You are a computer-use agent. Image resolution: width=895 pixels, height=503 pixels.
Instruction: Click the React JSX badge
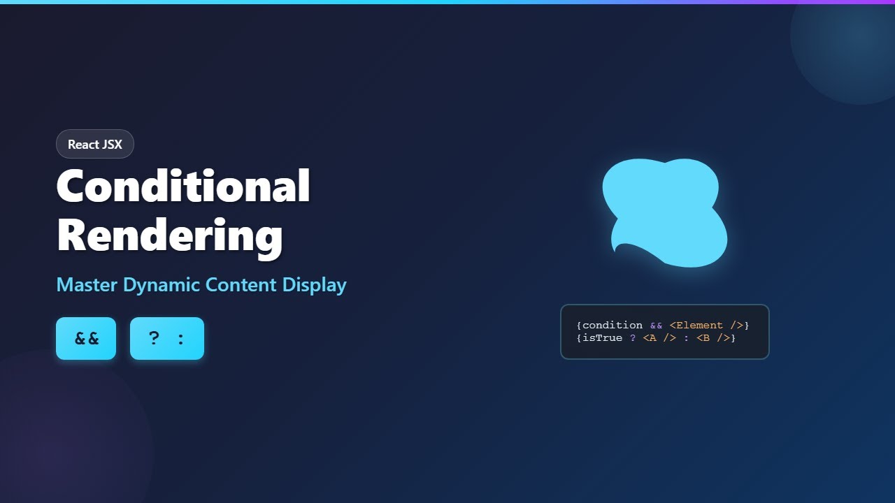click(95, 145)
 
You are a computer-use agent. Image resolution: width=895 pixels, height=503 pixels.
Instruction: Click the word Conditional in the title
click(183, 186)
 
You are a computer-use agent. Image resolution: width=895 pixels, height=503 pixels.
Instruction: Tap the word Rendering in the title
click(170, 236)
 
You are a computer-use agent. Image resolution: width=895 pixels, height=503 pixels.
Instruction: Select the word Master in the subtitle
click(87, 285)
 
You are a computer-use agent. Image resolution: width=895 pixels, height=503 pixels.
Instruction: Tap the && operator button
click(86, 339)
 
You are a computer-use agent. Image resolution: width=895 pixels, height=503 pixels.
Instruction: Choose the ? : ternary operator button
click(167, 339)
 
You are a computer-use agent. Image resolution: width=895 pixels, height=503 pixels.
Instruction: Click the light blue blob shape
click(664, 210)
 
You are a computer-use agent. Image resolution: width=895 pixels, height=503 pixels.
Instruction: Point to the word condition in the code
click(612, 326)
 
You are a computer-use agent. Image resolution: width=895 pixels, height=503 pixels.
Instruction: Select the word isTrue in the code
click(602, 338)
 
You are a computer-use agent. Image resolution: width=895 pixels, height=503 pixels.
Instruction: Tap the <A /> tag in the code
click(656, 338)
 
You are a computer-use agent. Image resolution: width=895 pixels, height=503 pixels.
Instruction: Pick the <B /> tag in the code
click(713, 338)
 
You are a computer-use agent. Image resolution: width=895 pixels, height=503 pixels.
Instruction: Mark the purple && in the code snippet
click(656, 326)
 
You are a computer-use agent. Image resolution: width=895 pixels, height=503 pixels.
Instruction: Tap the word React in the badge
click(83, 145)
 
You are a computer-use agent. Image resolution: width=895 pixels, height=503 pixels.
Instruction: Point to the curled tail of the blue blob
click(618, 247)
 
